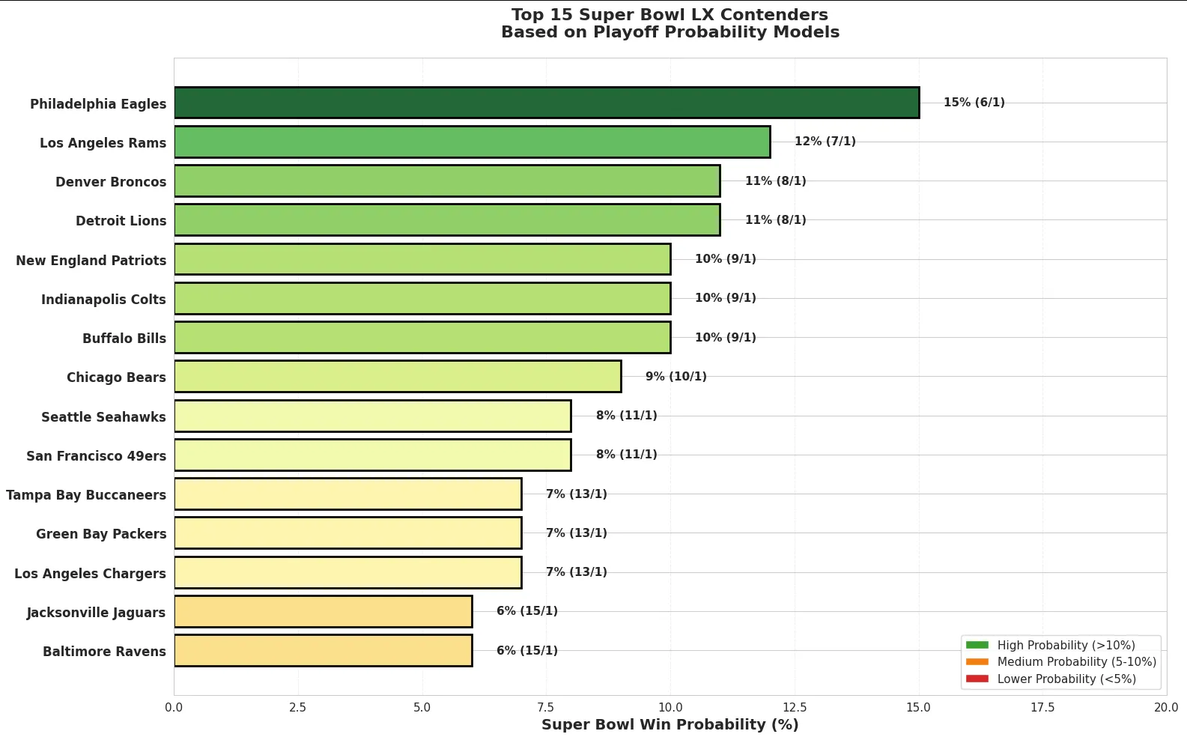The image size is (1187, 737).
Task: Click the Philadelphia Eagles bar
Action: pos(547,103)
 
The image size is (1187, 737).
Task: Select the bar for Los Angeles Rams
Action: pos(472,142)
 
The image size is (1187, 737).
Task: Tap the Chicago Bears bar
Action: pos(398,376)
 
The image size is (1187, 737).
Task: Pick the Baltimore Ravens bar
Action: pos(323,650)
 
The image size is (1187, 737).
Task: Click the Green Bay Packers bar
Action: pos(347,533)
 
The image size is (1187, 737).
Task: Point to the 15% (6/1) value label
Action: pos(974,103)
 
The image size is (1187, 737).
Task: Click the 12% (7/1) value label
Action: pos(825,142)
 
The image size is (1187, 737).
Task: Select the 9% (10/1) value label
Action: pos(676,376)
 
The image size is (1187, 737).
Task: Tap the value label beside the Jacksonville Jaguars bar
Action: pos(526,611)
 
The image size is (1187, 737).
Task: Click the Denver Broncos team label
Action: pos(111,182)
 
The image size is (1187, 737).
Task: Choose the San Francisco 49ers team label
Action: pos(96,456)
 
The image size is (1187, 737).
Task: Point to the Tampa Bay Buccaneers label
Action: pos(86,495)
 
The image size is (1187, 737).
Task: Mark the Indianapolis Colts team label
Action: pos(103,300)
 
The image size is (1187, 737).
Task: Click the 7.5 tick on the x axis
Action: pos(546,708)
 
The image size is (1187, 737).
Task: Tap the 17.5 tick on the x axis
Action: pos(1042,708)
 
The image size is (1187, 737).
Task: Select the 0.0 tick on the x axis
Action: pos(174,708)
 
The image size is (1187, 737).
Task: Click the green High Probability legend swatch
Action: pos(977,645)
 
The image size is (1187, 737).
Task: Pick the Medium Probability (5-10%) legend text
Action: pos(1076,662)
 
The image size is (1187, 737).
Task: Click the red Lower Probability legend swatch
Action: pos(977,679)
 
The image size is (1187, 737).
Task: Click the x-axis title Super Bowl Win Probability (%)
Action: pos(670,725)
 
